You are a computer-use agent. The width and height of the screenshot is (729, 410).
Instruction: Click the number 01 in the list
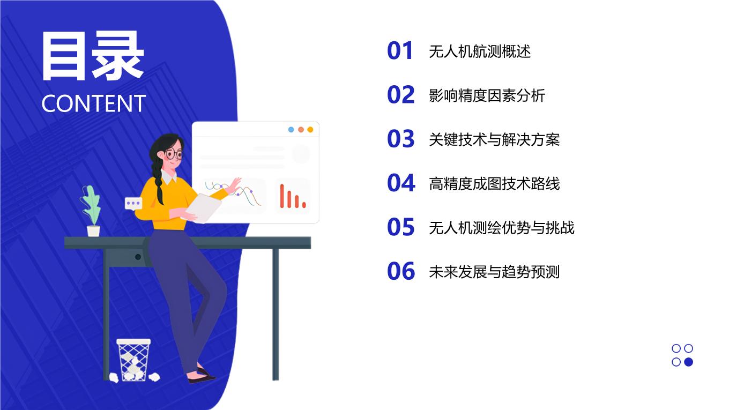pos(400,51)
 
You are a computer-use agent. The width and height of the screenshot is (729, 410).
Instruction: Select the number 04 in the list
pos(401,183)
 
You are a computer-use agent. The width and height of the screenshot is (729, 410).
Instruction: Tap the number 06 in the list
pos(401,271)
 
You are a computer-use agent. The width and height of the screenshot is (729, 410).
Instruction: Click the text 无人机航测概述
pos(480,51)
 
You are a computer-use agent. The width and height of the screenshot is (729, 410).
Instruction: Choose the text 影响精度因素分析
pos(487,95)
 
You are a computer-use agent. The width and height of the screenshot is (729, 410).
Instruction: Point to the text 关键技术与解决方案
pos(494,139)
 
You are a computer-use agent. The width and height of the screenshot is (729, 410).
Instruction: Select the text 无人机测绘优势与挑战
pos(502,228)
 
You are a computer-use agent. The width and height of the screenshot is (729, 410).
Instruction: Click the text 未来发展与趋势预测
pos(494,272)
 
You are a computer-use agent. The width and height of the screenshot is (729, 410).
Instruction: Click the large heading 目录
pos(93,55)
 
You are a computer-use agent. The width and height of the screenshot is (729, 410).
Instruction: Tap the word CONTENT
pos(94,103)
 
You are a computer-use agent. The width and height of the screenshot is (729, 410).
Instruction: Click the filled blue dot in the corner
pos(688,362)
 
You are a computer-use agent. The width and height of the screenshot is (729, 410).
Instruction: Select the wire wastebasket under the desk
pos(133,360)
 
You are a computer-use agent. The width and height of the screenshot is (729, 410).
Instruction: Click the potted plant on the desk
pos(92,211)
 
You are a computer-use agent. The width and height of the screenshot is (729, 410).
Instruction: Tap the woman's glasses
pos(174,154)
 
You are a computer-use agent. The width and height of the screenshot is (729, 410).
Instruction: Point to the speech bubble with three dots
pos(133,204)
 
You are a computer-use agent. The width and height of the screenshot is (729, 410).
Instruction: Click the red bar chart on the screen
pos(293,196)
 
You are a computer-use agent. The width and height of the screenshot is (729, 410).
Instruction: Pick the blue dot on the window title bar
pos(291,130)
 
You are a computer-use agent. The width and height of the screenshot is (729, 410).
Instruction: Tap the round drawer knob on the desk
pos(138,257)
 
